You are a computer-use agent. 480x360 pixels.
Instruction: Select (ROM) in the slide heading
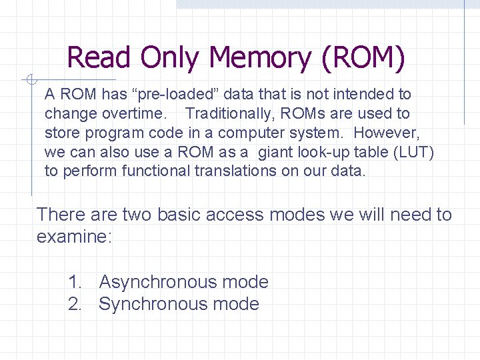(363, 57)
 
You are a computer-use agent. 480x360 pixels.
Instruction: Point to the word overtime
(137, 114)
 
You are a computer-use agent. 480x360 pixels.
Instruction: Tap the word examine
(74, 236)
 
